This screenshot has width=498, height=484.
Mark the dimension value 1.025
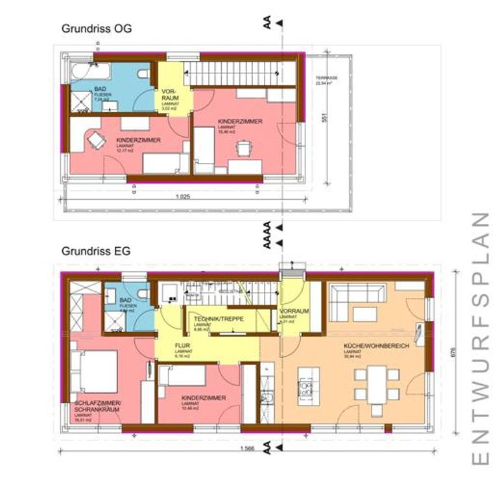[182, 196]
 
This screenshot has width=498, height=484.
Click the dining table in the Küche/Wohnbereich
[375, 382]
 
